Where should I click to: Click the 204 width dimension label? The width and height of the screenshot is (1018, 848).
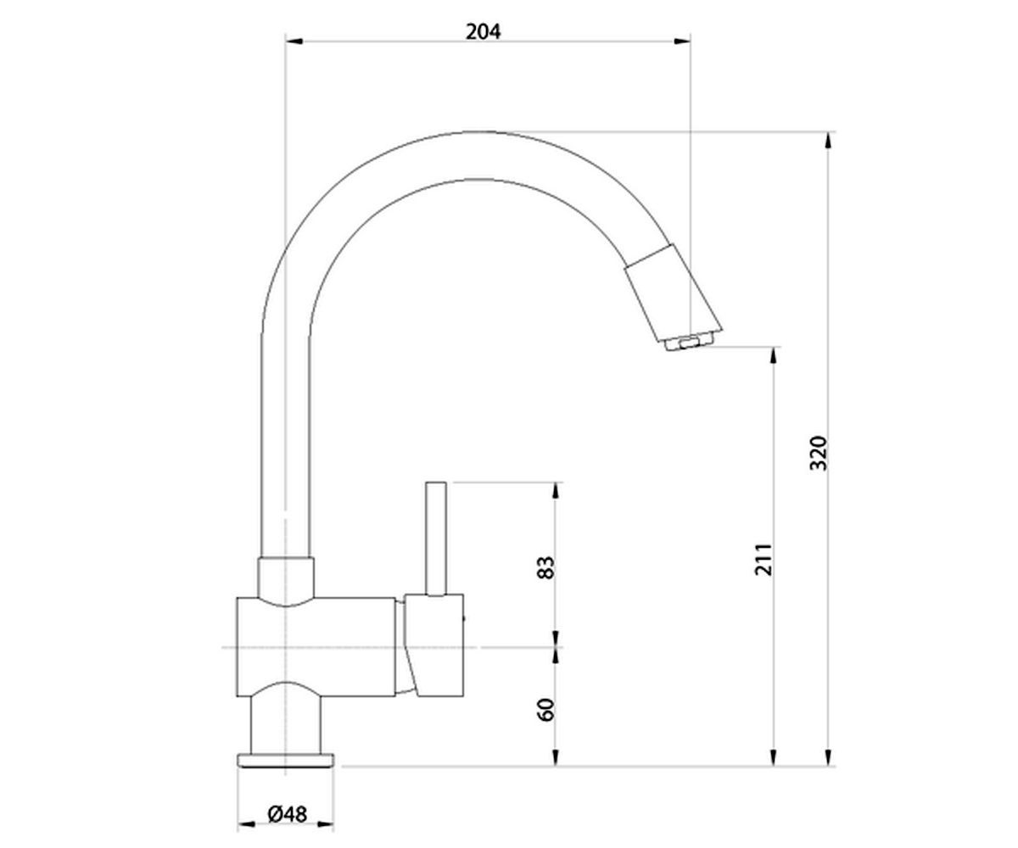click(x=483, y=32)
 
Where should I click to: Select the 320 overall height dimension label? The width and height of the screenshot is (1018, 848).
click(x=818, y=453)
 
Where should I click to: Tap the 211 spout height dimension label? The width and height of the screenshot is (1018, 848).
click(x=763, y=559)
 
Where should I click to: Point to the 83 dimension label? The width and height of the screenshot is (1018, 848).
click(x=545, y=567)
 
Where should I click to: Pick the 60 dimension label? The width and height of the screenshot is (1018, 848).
click(x=545, y=709)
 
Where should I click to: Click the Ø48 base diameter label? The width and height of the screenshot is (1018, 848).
click(x=288, y=814)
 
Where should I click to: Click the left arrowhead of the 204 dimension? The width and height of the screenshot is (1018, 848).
click(x=294, y=42)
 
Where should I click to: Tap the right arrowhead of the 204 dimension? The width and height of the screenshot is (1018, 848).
click(x=681, y=42)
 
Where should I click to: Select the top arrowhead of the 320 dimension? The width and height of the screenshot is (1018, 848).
click(x=827, y=141)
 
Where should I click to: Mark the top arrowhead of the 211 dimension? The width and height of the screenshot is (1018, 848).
click(x=773, y=356)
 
